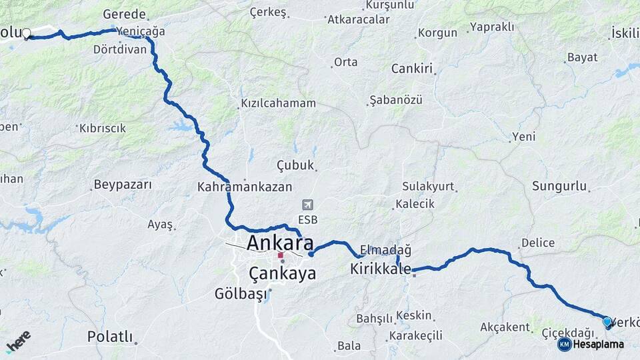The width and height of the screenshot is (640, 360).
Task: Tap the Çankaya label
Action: tap(282, 273)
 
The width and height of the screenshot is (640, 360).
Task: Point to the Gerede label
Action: tap(125, 14)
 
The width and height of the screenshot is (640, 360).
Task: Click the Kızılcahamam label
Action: tap(278, 103)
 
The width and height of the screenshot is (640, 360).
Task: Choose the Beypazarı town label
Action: tap(123, 185)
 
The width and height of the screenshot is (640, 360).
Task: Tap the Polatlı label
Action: tap(110, 337)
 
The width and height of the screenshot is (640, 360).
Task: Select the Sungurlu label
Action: tap(559, 186)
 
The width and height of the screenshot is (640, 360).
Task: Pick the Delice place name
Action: tap(537, 243)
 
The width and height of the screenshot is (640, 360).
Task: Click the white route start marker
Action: tap(27, 33)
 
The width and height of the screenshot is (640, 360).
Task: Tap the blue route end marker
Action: tap(607, 322)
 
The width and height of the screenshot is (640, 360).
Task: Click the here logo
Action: tap(18, 341)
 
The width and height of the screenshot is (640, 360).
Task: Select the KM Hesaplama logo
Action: tap(591, 344)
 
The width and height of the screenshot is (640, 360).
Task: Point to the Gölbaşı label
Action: tap(241, 293)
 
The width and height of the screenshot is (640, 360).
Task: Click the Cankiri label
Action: tap(412, 68)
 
